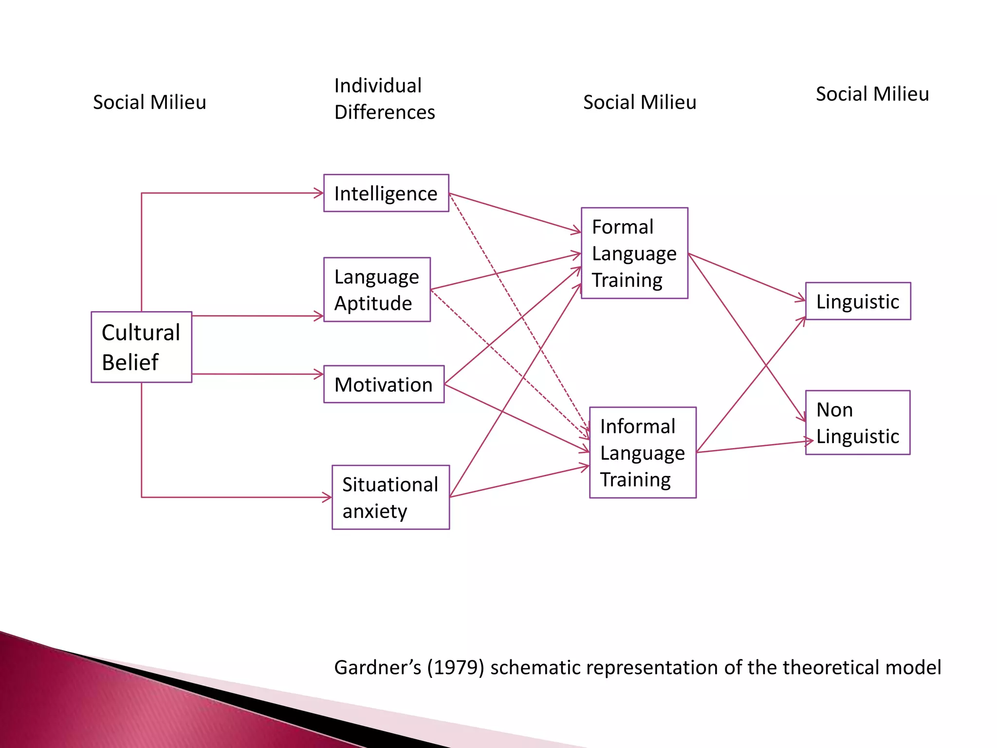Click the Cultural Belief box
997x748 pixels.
tap(141, 347)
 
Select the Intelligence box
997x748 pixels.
tap(386, 193)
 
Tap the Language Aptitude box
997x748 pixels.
tap(377, 290)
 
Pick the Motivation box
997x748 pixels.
tap(384, 384)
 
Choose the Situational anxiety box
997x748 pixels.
tap(390, 497)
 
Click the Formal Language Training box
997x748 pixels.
tap(634, 253)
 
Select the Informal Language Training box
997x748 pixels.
tap(643, 452)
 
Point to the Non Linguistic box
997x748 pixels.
tap(858, 423)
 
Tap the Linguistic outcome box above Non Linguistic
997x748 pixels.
tap(858, 301)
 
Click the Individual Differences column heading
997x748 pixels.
tap(385, 99)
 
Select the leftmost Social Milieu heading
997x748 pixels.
tap(149, 102)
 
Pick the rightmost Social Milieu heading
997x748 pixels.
tap(872, 94)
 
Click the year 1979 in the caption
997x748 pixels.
tap(456, 667)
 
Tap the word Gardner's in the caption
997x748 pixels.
tap(377, 667)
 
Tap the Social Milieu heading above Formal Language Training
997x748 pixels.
tap(640, 102)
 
